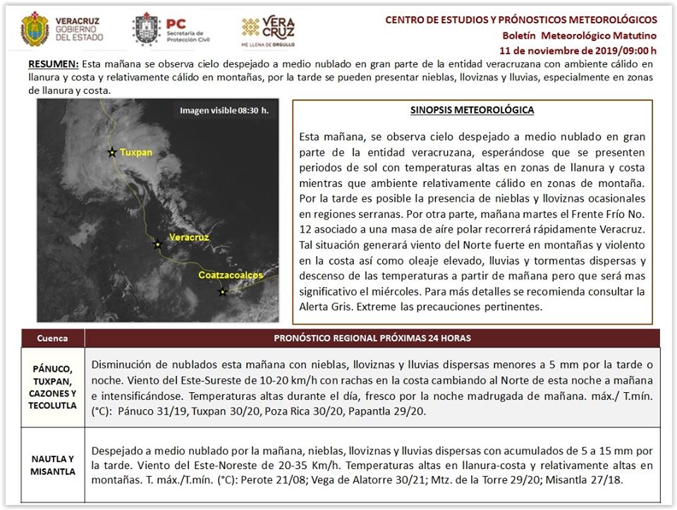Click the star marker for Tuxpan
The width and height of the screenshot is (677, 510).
(111, 152)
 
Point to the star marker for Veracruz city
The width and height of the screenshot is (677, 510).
(157, 245)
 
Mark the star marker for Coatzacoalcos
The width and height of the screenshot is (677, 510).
(223, 292)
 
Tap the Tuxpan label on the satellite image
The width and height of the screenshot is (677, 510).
(136, 152)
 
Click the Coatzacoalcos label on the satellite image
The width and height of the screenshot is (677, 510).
(231, 274)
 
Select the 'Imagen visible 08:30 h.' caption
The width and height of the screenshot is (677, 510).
(224, 111)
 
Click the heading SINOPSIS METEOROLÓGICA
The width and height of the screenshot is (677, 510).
(472, 110)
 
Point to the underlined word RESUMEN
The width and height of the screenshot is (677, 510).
(54, 64)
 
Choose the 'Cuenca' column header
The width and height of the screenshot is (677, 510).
(53, 338)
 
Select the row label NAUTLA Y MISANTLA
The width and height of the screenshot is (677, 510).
(53, 466)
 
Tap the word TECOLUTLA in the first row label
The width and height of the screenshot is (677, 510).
(53, 406)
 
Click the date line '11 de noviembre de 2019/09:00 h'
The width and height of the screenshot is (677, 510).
(578, 50)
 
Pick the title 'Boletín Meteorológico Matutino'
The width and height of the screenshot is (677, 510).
(579, 35)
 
